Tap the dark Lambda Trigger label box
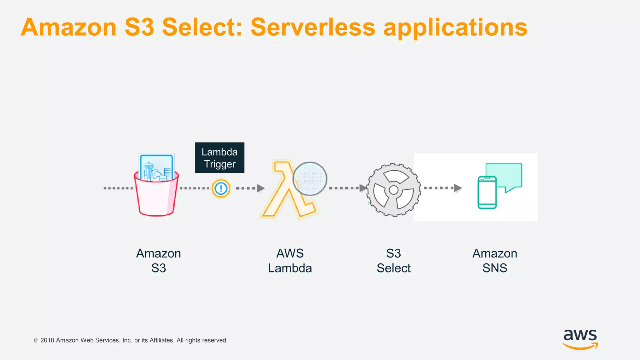[x=219, y=158]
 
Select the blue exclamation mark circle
[x=221, y=188]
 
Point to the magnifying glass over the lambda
[x=310, y=178]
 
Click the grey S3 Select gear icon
[x=393, y=190]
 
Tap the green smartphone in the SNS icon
[x=487, y=192]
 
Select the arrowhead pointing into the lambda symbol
[x=261, y=188]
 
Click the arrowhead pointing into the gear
[x=363, y=188]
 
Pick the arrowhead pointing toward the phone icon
[x=458, y=188]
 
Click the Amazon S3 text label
[x=158, y=261]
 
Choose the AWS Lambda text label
[x=290, y=261]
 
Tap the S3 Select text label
[x=393, y=261]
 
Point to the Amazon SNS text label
[x=495, y=261]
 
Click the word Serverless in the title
[x=312, y=27]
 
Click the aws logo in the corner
[x=580, y=339]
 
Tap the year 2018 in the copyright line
[x=47, y=340]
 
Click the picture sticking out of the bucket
[x=156, y=167]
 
